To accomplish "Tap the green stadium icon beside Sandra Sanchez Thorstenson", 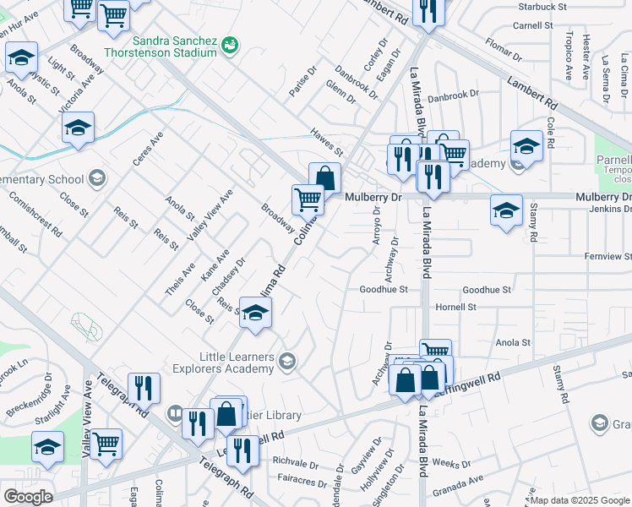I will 229,44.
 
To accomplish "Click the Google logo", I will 28,497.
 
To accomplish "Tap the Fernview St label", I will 607,256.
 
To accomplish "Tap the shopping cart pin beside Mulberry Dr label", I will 308,200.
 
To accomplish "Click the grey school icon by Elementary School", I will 97,178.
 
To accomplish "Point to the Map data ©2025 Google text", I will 580,500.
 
